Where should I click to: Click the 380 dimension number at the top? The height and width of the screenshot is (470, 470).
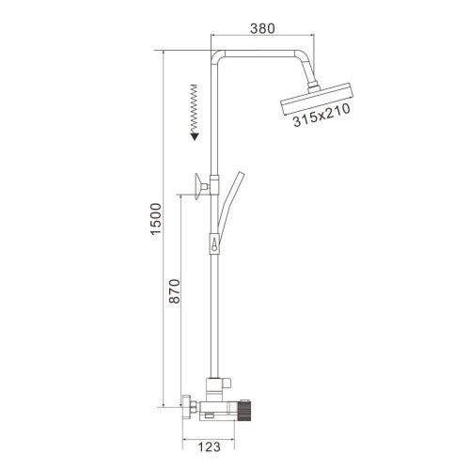[x=263, y=27]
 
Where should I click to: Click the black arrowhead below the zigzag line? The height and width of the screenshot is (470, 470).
[x=194, y=134]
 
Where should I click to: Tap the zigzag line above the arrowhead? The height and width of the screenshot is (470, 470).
[x=194, y=105]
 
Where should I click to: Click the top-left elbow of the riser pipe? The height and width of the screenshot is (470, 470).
[x=219, y=56]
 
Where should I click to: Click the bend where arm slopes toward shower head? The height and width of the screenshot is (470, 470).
[x=299, y=60]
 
